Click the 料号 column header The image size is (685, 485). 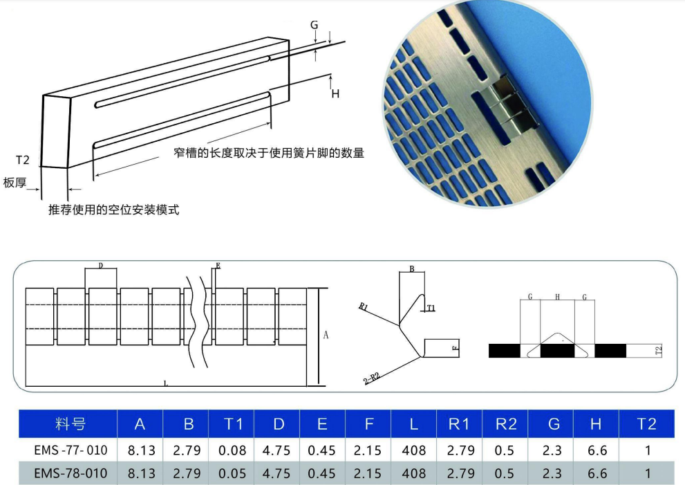[71, 424]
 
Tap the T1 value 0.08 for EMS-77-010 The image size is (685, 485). [232, 450]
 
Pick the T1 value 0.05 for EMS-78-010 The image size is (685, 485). [232, 473]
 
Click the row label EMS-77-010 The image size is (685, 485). [71, 450]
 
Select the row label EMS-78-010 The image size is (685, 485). [71, 473]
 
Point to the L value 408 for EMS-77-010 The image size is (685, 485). [413, 450]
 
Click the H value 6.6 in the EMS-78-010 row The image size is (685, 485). [597, 473]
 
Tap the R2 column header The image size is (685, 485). [505, 424]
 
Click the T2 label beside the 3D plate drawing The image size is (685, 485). [22, 160]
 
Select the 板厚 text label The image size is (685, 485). [15, 183]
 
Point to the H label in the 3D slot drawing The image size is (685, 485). [335, 93]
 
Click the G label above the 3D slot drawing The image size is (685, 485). [314, 25]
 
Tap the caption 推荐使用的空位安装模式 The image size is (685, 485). [113, 210]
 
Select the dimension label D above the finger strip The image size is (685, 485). [101, 266]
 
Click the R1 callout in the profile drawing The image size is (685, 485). [364, 306]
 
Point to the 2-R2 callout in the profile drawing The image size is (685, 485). [372, 378]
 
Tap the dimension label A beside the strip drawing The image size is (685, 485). [326, 335]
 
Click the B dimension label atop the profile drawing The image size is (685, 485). [411, 269]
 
